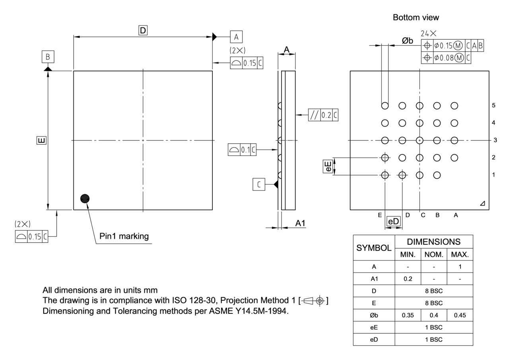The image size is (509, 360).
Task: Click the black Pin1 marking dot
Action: [x=85, y=198]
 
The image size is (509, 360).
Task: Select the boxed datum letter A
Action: [x=236, y=37]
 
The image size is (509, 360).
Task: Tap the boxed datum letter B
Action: [x=48, y=57]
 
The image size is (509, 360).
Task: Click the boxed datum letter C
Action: [x=259, y=184]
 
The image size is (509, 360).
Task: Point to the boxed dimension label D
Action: [x=143, y=30]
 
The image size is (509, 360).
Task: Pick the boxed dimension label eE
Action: [x=328, y=166]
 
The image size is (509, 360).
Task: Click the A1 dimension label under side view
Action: [x=300, y=224]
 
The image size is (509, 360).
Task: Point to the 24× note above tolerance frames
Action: [x=429, y=35]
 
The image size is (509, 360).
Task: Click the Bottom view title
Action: [x=416, y=18]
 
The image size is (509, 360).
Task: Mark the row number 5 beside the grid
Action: [x=493, y=105]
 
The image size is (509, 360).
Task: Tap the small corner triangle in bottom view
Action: [x=482, y=204]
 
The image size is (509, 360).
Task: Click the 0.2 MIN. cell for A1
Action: [x=408, y=279]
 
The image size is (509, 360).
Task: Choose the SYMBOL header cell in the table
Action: [x=373, y=248]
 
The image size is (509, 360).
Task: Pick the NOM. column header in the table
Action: [x=433, y=254]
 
